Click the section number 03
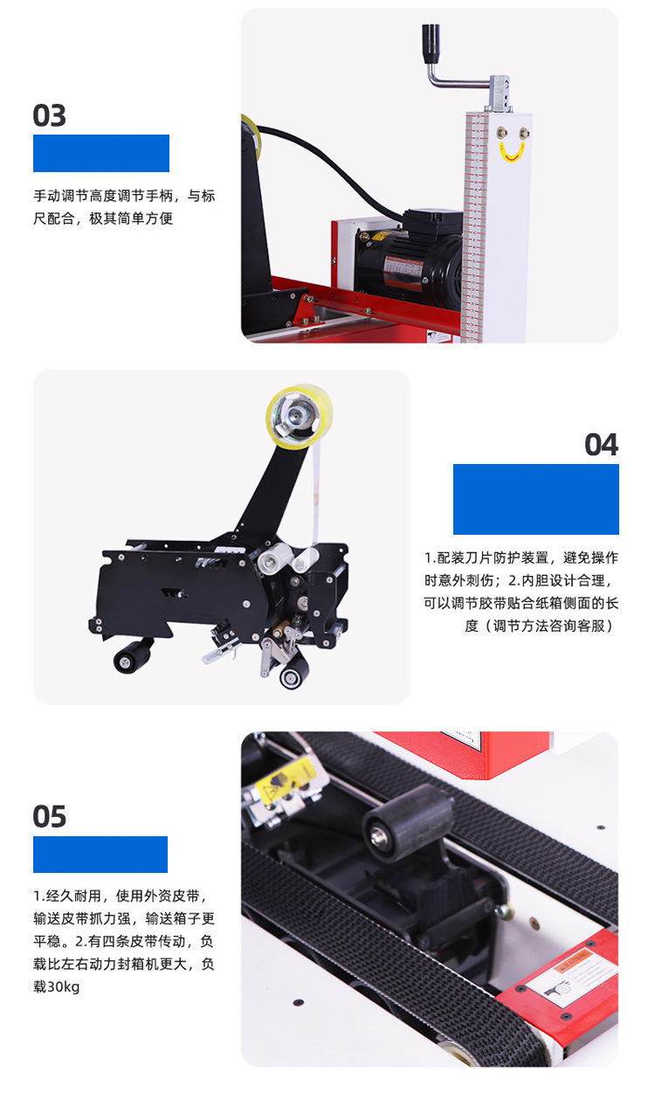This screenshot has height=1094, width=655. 49,115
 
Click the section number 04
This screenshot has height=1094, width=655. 602,445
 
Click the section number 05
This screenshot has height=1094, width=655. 49,817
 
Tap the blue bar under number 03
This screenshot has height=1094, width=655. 101,154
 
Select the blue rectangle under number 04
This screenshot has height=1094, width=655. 536,499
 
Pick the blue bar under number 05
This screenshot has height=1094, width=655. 100,855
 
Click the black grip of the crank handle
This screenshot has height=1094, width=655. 431,44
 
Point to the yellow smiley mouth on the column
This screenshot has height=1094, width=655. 512,152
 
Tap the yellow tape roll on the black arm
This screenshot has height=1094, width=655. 299,416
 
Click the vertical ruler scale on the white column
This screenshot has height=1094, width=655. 475,227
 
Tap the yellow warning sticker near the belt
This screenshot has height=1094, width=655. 286,781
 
